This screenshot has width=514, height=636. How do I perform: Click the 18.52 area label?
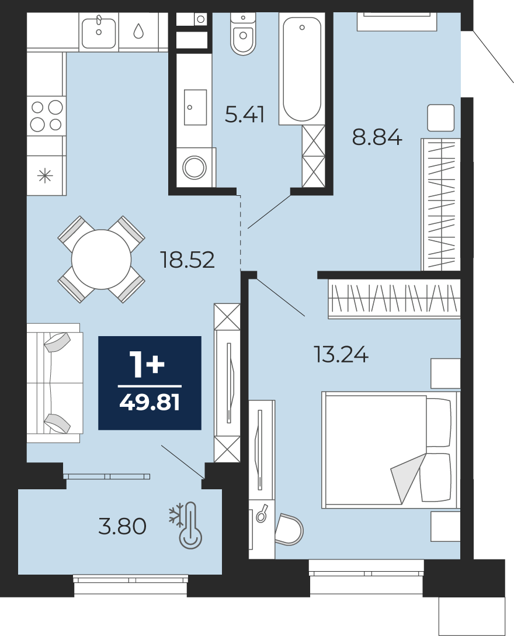187,260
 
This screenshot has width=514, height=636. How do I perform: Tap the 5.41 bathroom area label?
244,114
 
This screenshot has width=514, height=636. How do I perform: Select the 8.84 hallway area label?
377,137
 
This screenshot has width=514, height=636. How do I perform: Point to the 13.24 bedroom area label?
341,354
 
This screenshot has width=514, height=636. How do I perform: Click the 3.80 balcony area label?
122,526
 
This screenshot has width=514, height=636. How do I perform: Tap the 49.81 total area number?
150,403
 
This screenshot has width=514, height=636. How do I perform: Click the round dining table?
102,260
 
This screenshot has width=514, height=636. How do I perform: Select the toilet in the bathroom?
243,34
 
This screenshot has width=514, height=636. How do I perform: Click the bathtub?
301,69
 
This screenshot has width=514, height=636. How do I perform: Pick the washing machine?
195,167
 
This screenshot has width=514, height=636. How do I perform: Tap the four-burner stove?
46,116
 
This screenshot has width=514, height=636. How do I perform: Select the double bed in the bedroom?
391,450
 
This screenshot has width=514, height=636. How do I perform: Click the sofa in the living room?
55,383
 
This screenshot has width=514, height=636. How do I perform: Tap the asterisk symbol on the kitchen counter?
45,177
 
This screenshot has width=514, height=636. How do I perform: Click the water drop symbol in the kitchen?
138,31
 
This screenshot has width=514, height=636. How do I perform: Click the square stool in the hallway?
440,117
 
